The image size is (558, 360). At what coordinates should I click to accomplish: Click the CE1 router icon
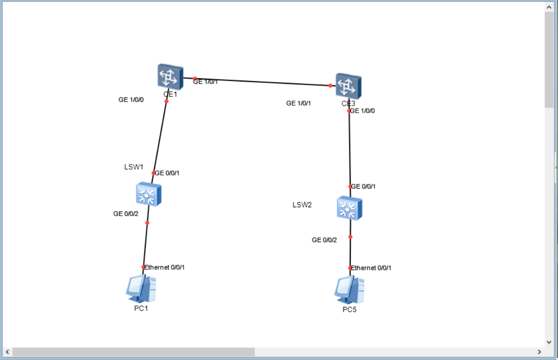pyautogui.click(x=170, y=75)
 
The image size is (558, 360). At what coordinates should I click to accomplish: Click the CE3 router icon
pyautogui.click(x=348, y=86)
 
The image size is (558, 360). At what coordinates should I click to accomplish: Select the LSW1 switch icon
pyautogui.click(x=149, y=194)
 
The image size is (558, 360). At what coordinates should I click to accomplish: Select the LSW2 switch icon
pyautogui.click(x=349, y=208)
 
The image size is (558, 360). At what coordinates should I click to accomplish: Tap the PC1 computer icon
pyautogui.click(x=141, y=289)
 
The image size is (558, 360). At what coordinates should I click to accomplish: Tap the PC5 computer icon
pyautogui.click(x=349, y=290)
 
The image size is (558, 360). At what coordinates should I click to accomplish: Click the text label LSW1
pyautogui.click(x=134, y=167)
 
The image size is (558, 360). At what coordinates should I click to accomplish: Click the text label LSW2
pyautogui.click(x=302, y=205)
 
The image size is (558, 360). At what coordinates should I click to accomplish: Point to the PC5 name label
pyautogui.click(x=349, y=310)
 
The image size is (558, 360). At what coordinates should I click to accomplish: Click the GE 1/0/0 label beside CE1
pyautogui.click(x=131, y=100)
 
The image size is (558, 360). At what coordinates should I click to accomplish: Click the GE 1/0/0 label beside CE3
pyautogui.click(x=362, y=111)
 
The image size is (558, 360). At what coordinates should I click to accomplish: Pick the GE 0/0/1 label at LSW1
pyautogui.click(x=167, y=173)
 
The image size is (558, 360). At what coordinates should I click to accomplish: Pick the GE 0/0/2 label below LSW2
pyautogui.click(x=324, y=240)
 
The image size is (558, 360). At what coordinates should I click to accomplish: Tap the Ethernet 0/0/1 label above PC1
pyautogui.click(x=164, y=267)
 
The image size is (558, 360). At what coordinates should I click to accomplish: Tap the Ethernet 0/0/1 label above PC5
pyautogui.click(x=371, y=268)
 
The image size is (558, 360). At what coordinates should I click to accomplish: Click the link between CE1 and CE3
pyautogui.click(x=261, y=82)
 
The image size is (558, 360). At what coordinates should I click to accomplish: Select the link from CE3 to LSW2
pyautogui.click(x=350, y=149)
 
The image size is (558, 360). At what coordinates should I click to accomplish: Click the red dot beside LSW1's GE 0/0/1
pyautogui.click(x=153, y=173)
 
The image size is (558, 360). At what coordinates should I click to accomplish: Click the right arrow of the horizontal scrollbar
pyautogui.click(x=539, y=352)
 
